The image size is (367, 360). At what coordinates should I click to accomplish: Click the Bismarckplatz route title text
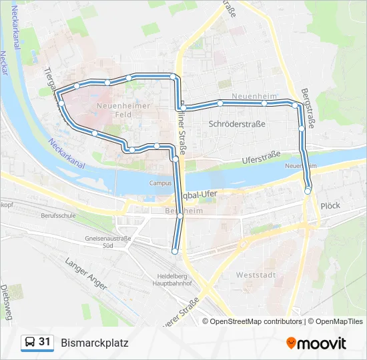(94, 343)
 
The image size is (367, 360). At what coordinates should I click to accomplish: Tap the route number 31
(45, 342)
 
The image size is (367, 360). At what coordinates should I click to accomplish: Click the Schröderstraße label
(237, 124)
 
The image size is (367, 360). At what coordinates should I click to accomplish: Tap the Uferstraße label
(261, 159)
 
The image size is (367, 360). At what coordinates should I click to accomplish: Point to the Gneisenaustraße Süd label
(107, 241)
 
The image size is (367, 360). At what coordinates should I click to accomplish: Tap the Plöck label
(330, 207)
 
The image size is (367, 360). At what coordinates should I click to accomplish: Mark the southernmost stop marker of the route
(175, 251)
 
